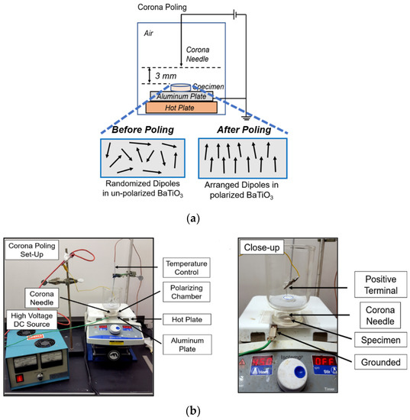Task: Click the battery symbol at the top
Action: pos(220,13)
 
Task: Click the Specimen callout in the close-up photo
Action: pos(378,338)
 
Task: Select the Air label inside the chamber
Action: pos(152,34)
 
